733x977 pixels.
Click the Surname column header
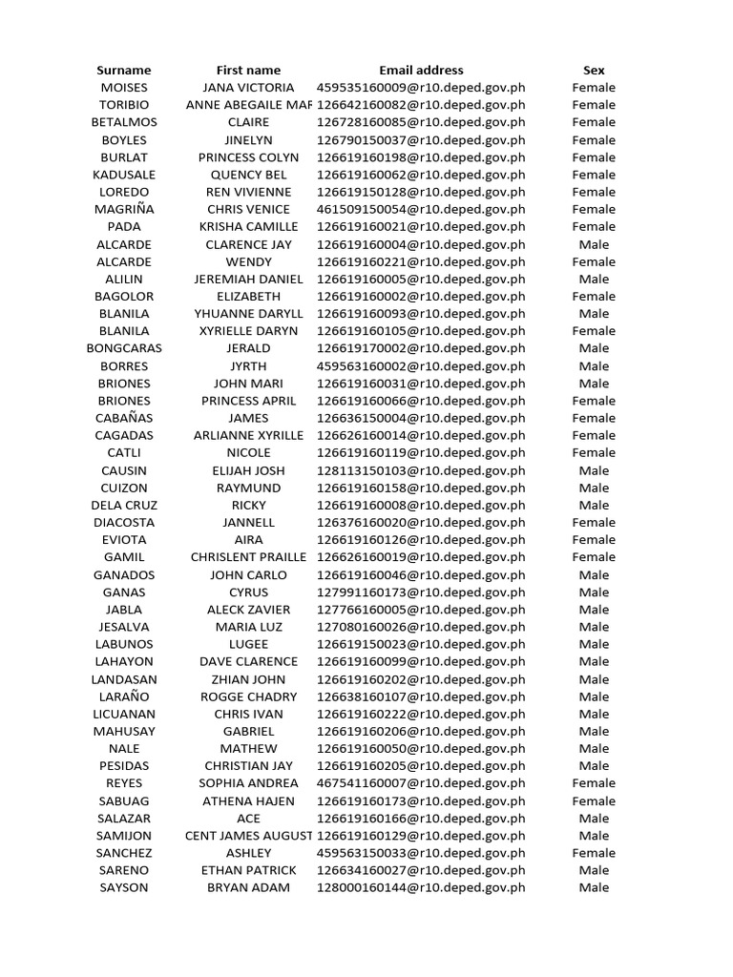pos(124,70)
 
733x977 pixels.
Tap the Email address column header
pos(421,70)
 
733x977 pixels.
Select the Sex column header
pos(594,70)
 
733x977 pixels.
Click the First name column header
pos(248,70)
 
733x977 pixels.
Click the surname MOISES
pos(124,88)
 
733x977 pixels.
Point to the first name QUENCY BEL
pos(248,175)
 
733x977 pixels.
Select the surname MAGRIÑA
pos(124,209)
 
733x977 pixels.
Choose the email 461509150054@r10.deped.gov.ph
pos(421,209)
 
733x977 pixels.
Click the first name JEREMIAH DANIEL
pos(248,279)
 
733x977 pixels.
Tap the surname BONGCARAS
pos(124,348)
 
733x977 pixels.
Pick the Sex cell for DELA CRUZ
pos(594,505)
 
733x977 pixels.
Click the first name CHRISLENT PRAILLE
pos(248,557)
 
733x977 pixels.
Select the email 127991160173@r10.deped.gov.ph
pos(421,592)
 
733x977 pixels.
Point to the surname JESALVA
pos(124,627)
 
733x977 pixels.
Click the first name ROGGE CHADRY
pos(248,696)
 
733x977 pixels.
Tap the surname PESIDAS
pos(124,766)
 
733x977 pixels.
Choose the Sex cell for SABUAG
pos(594,801)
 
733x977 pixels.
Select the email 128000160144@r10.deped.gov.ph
pos(421,888)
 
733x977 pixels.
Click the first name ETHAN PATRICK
pos(248,870)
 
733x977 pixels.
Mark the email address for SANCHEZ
pos(421,853)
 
